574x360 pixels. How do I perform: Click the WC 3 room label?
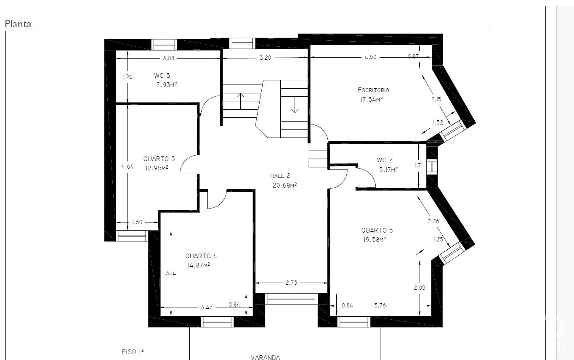162,76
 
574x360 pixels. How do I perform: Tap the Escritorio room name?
373,90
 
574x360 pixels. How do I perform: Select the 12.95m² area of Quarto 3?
157,168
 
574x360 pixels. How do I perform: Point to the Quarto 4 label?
201,256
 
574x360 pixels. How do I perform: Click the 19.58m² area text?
375,239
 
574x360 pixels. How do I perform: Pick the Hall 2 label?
280,176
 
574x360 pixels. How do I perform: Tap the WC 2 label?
385,160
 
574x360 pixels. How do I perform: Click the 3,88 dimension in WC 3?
169,58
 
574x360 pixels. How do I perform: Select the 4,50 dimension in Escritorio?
371,57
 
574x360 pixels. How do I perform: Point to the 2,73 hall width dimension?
291,283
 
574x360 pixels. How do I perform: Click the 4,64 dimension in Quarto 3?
128,167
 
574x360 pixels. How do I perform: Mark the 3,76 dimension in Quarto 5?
380,305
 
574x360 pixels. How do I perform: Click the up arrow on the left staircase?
240,101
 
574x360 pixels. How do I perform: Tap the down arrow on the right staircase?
295,105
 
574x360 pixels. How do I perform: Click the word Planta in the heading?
18,24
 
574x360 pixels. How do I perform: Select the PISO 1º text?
133,352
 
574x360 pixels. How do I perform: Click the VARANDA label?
266,357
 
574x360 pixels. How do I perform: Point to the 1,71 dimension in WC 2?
418,165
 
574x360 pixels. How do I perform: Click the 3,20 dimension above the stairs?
265,58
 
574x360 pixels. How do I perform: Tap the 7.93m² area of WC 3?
167,85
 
